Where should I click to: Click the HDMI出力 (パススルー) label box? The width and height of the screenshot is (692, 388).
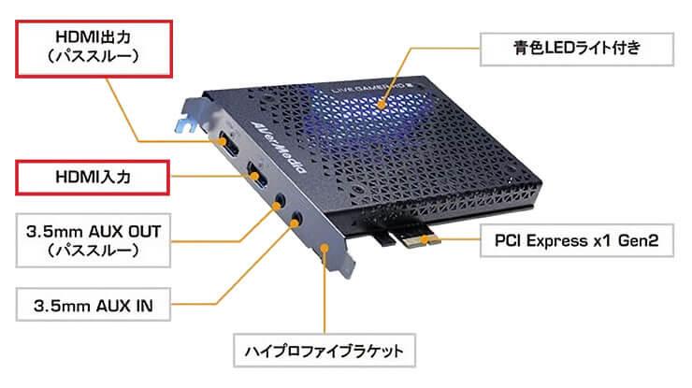[94, 49]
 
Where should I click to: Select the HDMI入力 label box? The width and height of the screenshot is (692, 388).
[93, 178]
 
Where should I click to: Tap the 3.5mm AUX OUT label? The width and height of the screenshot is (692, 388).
[94, 240]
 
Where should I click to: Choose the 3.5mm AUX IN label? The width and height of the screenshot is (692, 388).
[94, 305]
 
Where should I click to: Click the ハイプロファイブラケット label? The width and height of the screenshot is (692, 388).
[324, 351]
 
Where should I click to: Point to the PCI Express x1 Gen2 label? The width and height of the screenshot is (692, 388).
[577, 240]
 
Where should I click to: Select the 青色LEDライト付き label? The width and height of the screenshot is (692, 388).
[577, 49]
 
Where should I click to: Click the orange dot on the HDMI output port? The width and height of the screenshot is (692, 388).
[223, 141]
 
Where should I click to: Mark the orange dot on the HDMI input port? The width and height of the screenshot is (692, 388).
[254, 177]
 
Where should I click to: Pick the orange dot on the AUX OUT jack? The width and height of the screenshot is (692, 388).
[277, 206]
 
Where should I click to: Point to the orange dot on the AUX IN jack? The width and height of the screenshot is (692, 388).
[294, 223]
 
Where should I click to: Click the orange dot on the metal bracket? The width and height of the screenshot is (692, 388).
[324, 248]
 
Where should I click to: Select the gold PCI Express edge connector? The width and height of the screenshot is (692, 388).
[417, 240]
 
